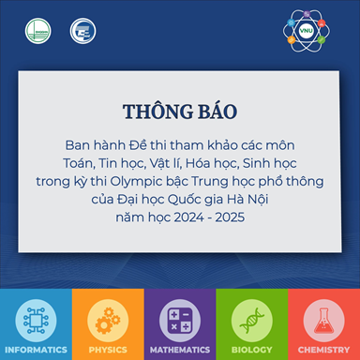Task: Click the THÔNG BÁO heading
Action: coord(179,112)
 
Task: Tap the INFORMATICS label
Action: coord(36,349)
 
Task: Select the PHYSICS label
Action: coord(108,349)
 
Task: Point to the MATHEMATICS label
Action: coord(180,349)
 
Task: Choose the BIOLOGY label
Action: coord(251,349)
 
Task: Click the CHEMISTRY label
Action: coord(323,349)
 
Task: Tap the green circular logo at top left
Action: coord(39,32)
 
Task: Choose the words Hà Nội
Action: coord(264,199)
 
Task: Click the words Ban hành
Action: coord(90,148)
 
